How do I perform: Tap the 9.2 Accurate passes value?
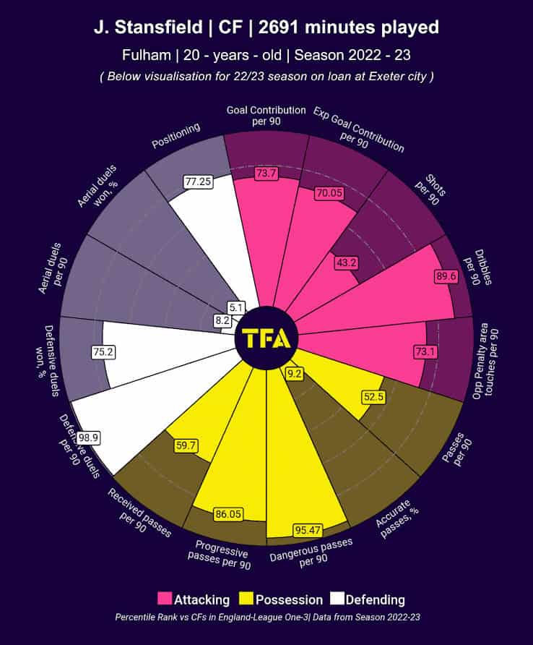tap(295, 374)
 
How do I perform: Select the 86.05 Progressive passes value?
tap(227, 515)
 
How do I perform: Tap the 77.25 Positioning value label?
tap(198, 181)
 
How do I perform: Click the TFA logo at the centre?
tap(266, 338)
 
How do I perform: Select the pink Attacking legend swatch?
tap(165, 599)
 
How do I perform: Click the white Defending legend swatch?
tap(337, 599)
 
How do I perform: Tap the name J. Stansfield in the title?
tap(144, 27)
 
